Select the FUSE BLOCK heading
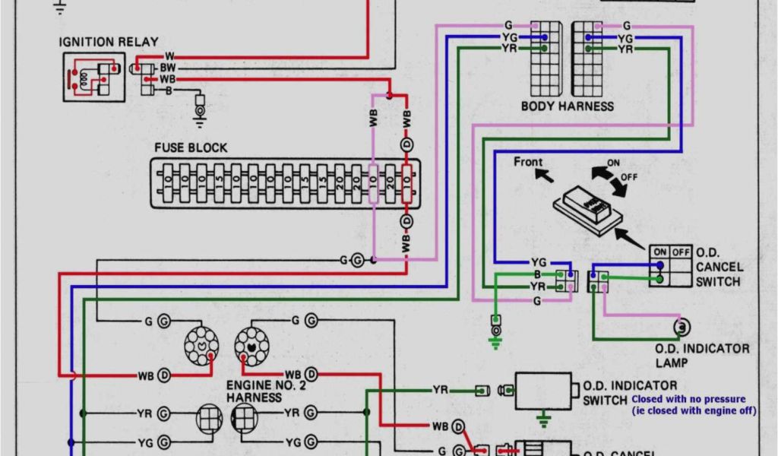pos(190,147)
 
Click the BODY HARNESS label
pos(567,106)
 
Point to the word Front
pos(528,162)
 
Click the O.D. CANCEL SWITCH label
pos(719,266)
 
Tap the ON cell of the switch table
pos(659,252)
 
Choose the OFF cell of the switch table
pos(680,252)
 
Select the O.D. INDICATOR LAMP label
pos(702,355)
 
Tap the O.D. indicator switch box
pos(542,391)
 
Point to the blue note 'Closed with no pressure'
pos(688,399)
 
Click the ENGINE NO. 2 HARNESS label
pos(258,391)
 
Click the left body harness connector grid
pos(546,58)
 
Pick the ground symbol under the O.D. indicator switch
pos(543,418)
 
